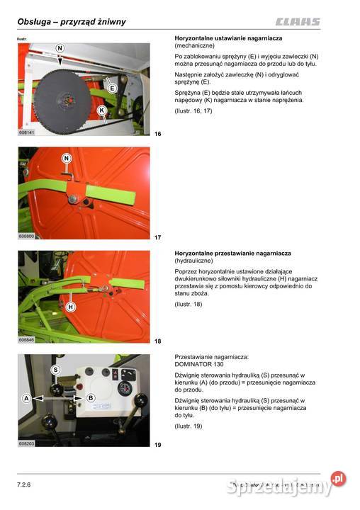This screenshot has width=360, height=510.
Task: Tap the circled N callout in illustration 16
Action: pos(60,48)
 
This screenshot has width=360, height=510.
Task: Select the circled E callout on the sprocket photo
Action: pos(112,87)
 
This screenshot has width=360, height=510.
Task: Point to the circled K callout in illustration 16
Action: pos(102,110)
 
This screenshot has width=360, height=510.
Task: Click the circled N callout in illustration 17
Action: pos(66,158)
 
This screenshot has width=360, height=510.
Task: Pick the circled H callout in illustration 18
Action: pos(70,307)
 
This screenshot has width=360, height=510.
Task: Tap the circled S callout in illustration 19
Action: pos(55,370)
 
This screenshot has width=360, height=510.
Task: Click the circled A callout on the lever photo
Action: pos(26,399)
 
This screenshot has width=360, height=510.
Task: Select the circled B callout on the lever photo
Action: pos(91,399)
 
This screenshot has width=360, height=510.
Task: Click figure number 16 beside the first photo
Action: pos(158,133)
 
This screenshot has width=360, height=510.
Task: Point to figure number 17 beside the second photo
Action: pos(158,237)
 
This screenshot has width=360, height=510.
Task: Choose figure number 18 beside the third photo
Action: pos(158,341)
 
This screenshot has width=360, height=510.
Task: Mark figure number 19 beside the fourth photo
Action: pos(158,445)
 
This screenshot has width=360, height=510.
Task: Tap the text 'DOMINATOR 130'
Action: pos(198,365)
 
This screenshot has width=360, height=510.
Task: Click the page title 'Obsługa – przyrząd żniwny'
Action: pos(72,21)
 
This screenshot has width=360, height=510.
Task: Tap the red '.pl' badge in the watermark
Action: pos(339,480)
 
